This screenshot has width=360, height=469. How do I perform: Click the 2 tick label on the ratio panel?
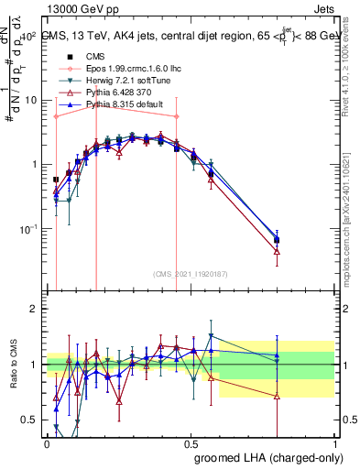(x=36, y=309)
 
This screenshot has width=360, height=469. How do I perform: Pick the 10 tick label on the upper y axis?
(x=29, y=100)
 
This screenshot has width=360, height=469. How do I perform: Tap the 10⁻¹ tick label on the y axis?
(x=29, y=229)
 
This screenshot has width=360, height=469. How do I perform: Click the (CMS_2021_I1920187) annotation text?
(x=191, y=273)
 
